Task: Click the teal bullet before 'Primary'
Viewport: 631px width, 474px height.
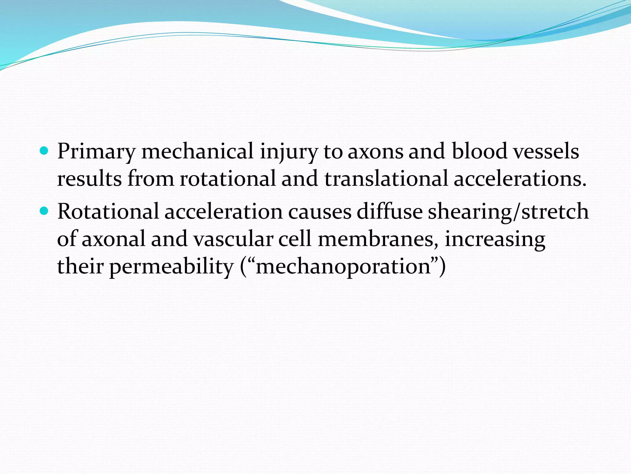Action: click(45, 151)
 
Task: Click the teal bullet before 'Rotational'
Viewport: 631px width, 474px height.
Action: click(45, 211)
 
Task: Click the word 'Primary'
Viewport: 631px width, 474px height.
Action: click(96, 152)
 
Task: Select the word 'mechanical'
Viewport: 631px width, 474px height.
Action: click(197, 151)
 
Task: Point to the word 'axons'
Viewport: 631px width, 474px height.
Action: click(375, 152)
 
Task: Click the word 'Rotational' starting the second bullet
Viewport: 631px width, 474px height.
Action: click(108, 212)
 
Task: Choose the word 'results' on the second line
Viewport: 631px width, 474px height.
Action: click(89, 179)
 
